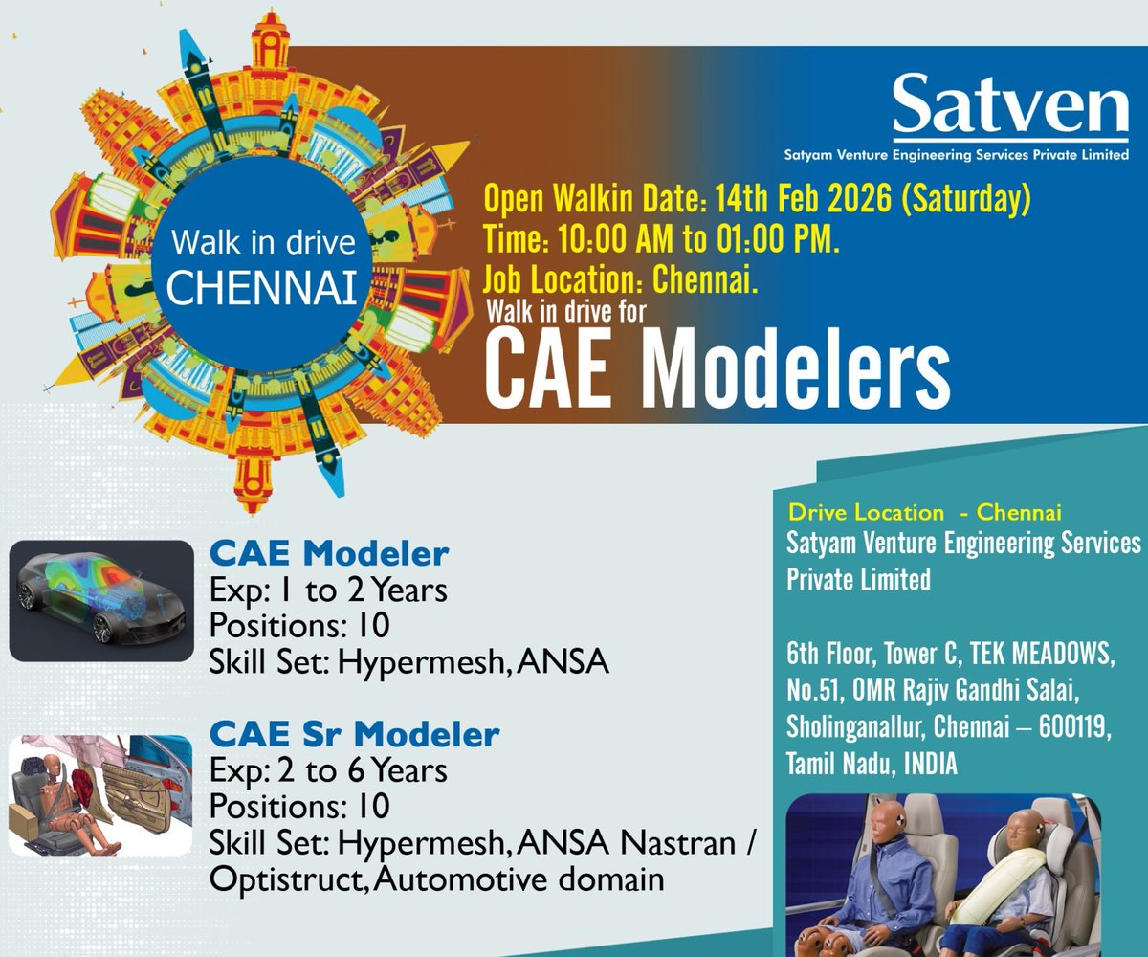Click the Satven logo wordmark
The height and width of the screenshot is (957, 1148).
pos(1010,108)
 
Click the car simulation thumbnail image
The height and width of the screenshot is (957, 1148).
pos(101,601)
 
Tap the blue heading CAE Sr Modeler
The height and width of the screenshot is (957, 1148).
pos(354,735)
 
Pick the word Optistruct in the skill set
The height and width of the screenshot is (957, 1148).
pos(288,878)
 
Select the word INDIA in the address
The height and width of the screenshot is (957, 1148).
pos(923,764)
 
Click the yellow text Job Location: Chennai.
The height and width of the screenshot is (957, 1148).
pos(621,279)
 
